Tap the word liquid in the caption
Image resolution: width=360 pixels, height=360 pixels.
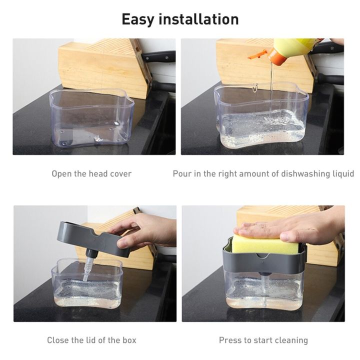tap(341, 174)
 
